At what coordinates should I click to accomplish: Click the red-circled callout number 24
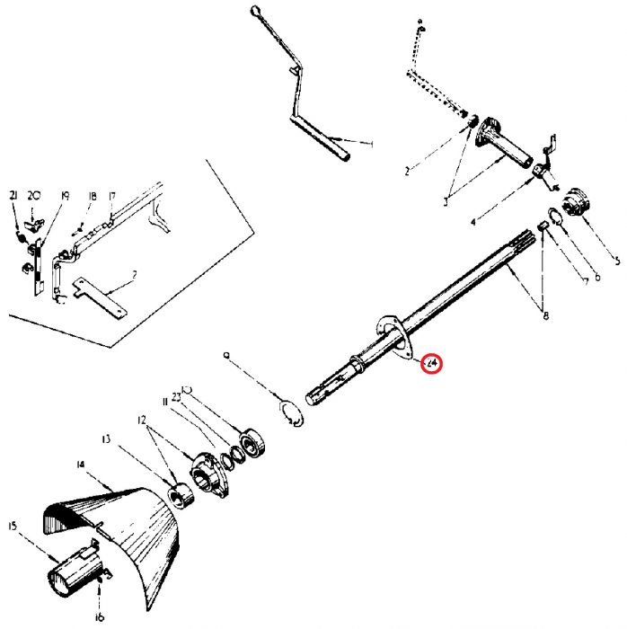tap(431, 364)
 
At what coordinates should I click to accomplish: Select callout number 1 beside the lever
tap(372, 144)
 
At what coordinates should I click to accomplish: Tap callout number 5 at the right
tap(616, 262)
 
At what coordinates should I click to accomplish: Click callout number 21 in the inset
tap(13, 195)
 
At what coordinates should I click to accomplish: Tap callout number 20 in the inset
tap(34, 195)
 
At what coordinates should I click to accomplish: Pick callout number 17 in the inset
tap(112, 196)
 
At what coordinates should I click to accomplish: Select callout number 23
tap(178, 395)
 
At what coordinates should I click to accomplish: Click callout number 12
tap(141, 420)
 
